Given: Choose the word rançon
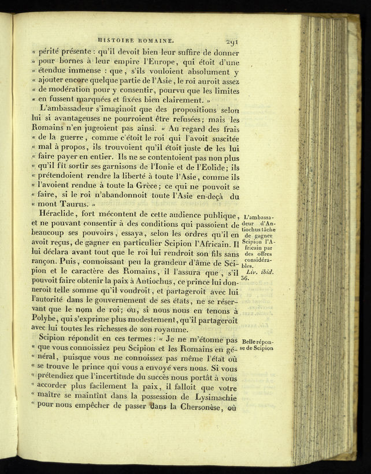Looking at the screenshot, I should click(x=46, y=265).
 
